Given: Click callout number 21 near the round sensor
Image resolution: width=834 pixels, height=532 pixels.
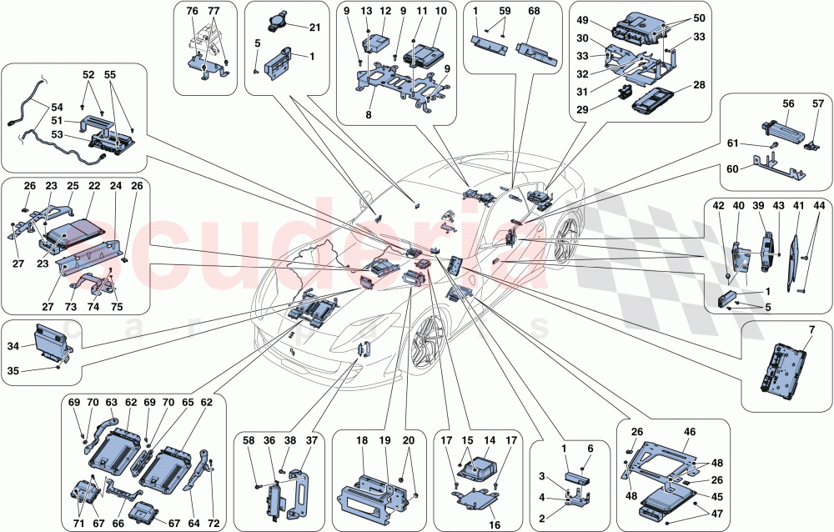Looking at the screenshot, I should tap(314, 28).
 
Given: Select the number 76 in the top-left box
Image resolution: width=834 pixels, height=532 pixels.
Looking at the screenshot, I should tap(192, 11).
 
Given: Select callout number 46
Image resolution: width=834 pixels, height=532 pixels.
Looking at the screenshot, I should tap(689, 434).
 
